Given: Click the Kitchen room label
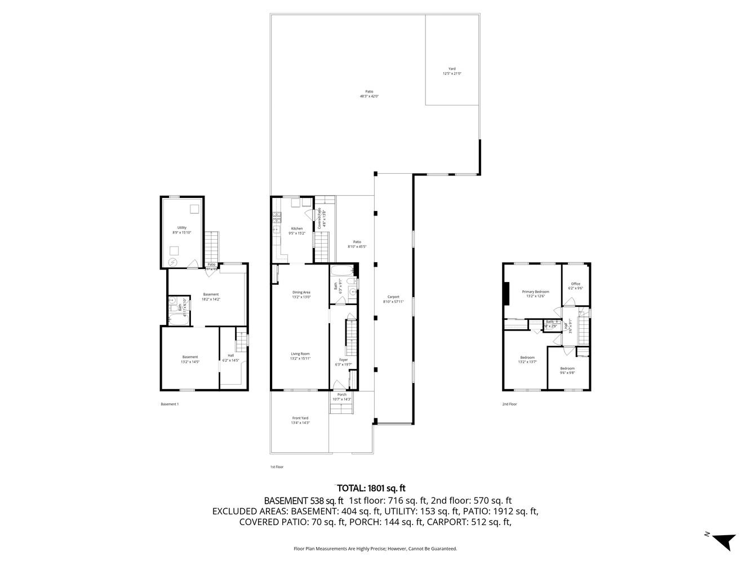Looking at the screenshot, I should pyautogui.click(x=296, y=231).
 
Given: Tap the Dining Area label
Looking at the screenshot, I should pyautogui.click(x=301, y=294).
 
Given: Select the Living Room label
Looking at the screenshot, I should pyautogui.click(x=300, y=356).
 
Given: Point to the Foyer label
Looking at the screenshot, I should pyautogui.click(x=343, y=362).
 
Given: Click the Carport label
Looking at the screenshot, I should pyautogui.click(x=393, y=299).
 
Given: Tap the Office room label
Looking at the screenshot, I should pyautogui.click(x=575, y=286).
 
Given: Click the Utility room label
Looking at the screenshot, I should pyautogui.click(x=182, y=230).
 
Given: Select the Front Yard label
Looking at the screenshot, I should pyautogui.click(x=300, y=420).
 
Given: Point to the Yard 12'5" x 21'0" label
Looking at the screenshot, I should pyautogui.click(x=452, y=71).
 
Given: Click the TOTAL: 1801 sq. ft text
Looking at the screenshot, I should pyautogui.click(x=371, y=488).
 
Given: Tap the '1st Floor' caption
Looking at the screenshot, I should pyautogui.click(x=277, y=467).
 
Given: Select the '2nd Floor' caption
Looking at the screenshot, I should pyautogui.click(x=509, y=404).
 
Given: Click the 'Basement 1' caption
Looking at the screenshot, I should pyautogui.click(x=170, y=404).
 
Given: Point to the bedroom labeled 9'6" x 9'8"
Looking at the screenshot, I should pyautogui.click(x=567, y=370).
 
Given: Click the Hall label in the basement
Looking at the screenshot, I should pyautogui.click(x=231, y=358).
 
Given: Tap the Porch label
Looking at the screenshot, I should pyautogui.click(x=341, y=397).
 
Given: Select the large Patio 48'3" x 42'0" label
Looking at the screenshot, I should pyautogui.click(x=369, y=94).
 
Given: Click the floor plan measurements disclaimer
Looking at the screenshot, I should pyautogui.click(x=375, y=548).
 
